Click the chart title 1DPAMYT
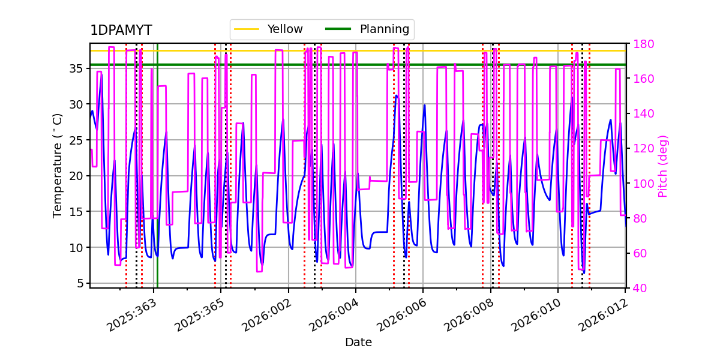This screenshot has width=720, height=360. click(121, 31)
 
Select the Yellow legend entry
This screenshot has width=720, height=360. click(284, 29)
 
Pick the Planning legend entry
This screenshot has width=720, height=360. click(384, 29)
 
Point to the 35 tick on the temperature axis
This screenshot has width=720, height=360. click(76, 68)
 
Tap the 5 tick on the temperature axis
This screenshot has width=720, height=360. click(79, 283)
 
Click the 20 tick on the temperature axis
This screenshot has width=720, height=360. click(76, 176)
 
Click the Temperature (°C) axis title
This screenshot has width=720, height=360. click(58, 166)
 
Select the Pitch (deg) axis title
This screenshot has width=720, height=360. click(663, 166)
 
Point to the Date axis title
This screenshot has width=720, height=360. click(358, 343)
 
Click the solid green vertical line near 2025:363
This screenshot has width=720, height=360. click(157, 180)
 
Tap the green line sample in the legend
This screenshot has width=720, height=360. click(337, 29)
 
